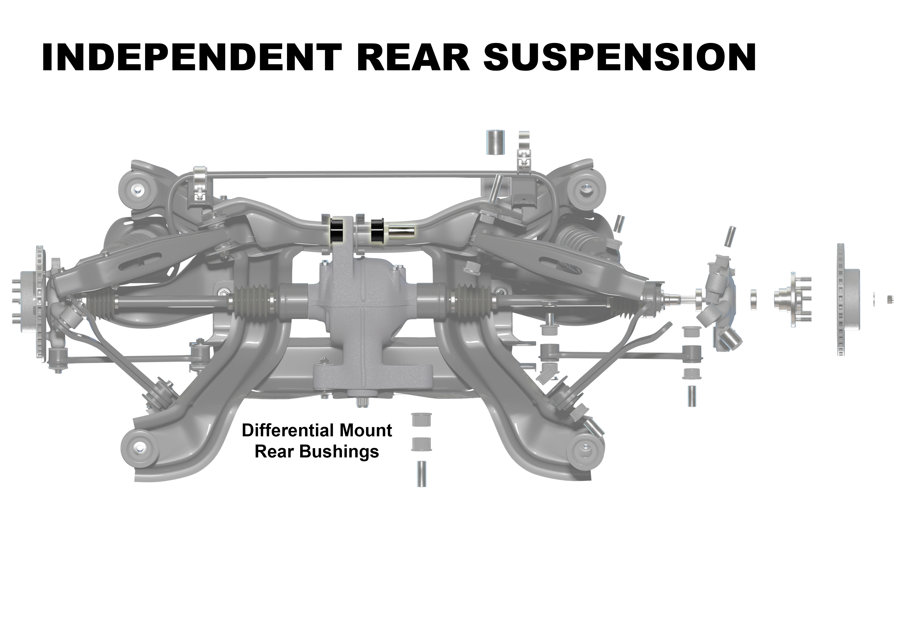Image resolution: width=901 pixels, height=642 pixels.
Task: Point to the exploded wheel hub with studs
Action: click(789, 299)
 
